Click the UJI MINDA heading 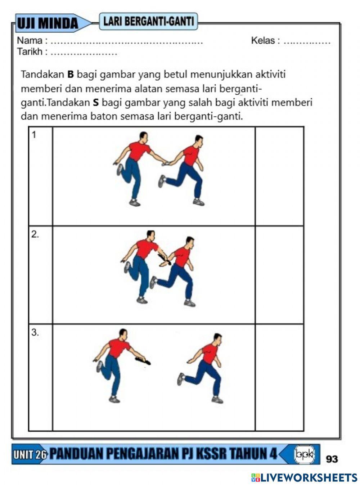pos(48,23)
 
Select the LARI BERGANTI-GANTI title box pos(148,21)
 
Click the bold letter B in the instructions pos(71,75)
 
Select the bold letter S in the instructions pos(95,103)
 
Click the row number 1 pos(34,135)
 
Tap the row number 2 pos(35,234)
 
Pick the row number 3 pos(35,333)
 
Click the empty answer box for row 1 pos(279,176)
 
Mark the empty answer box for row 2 pos(279,275)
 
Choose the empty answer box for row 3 pos(279,377)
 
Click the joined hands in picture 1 pos(166,163)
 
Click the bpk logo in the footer pos(304,454)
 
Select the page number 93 pos(332,459)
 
